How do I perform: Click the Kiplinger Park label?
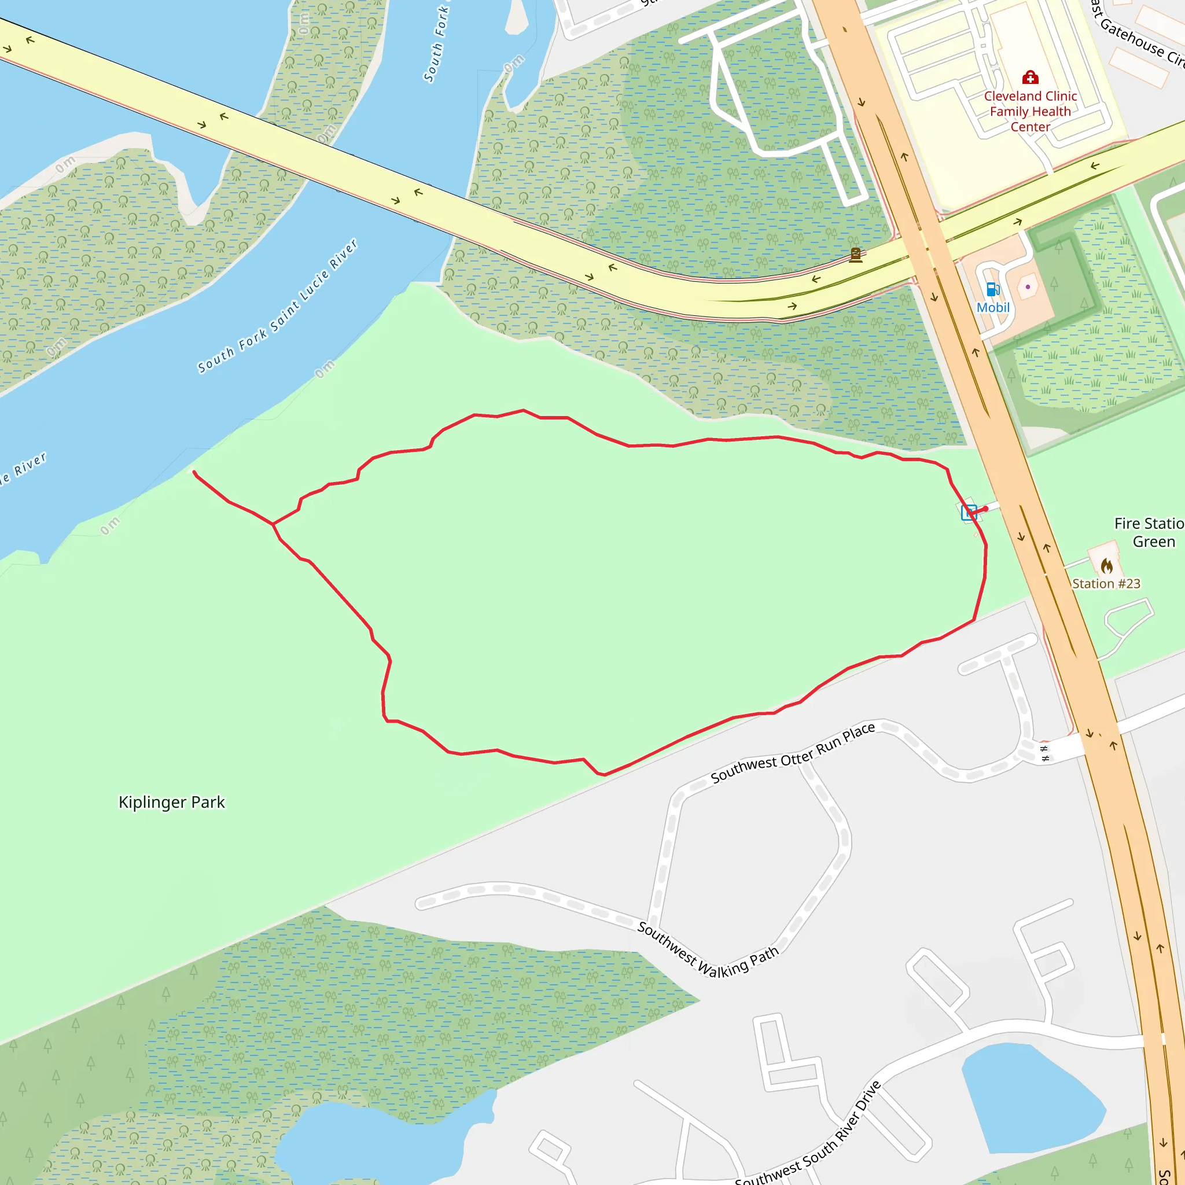[172, 803]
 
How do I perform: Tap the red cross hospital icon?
[1031, 78]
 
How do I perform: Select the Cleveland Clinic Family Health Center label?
[1031, 112]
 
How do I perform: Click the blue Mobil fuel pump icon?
[993, 289]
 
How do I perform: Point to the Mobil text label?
[993, 307]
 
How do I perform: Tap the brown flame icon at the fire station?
[1106, 565]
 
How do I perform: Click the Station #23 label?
[1106, 584]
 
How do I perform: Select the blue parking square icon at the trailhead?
[969, 512]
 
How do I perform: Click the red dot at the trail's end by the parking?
[985, 509]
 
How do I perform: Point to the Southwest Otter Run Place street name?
[793, 753]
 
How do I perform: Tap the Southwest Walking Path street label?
[708, 950]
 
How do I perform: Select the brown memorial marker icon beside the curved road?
[856, 255]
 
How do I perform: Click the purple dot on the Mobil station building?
[1028, 286]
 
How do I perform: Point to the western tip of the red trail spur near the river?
[194, 472]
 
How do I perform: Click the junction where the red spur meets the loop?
[273, 524]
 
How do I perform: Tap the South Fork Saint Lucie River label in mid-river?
[277, 307]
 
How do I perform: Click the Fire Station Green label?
[1148, 532]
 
